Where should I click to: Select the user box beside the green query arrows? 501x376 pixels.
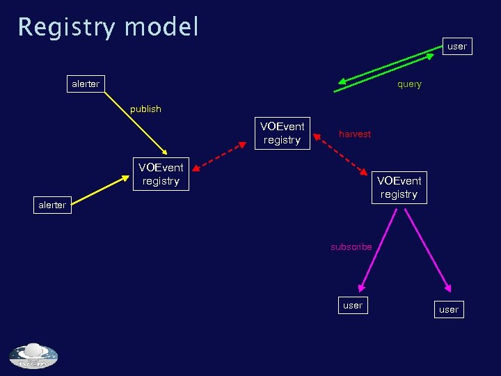click(x=457, y=47)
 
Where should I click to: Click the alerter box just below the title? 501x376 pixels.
click(x=86, y=84)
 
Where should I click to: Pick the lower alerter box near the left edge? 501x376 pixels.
click(x=53, y=205)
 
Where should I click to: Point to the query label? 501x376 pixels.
click(x=409, y=84)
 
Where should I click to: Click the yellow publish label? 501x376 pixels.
click(x=145, y=109)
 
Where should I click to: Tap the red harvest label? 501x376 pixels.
click(x=355, y=134)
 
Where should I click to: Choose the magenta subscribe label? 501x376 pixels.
click(x=351, y=246)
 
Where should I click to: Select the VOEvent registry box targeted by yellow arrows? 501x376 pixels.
click(x=161, y=174)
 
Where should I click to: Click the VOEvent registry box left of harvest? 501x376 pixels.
click(x=282, y=133)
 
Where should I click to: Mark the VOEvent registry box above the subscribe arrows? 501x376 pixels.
click(x=399, y=187)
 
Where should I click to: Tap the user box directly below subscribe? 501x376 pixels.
click(x=353, y=305)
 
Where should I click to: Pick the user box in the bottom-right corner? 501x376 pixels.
click(x=449, y=309)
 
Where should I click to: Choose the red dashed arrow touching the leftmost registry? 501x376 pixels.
click(x=218, y=156)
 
